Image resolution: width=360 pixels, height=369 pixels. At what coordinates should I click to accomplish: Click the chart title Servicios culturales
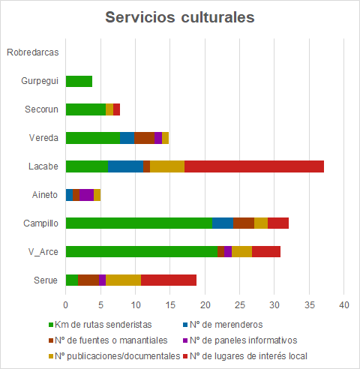click(x=179, y=17)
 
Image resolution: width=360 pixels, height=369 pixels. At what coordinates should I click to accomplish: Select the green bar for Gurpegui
click(x=79, y=81)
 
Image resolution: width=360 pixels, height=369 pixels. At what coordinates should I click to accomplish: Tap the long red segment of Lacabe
click(x=254, y=166)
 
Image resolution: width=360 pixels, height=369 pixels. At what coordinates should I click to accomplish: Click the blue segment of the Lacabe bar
click(x=126, y=166)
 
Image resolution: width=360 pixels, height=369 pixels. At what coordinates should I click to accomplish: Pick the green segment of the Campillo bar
click(x=139, y=223)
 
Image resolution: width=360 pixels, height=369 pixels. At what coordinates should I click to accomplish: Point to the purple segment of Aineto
click(x=86, y=195)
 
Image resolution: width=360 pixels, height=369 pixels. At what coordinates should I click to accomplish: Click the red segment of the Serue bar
click(x=169, y=280)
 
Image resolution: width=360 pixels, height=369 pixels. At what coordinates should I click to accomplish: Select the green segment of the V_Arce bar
click(x=141, y=251)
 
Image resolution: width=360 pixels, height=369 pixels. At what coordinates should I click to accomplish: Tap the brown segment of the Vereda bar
click(x=144, y=138)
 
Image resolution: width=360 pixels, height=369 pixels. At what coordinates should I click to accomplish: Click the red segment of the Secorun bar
click(x=116, y=109)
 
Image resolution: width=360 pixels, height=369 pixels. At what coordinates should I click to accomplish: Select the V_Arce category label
click(x=40, y=251)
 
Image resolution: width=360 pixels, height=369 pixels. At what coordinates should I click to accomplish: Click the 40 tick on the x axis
click(x=344, y=305)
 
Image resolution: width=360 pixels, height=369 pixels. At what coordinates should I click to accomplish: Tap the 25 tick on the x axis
click(x=240, y=305)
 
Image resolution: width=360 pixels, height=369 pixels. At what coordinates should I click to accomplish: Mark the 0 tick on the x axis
click(x=66, y=305)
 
